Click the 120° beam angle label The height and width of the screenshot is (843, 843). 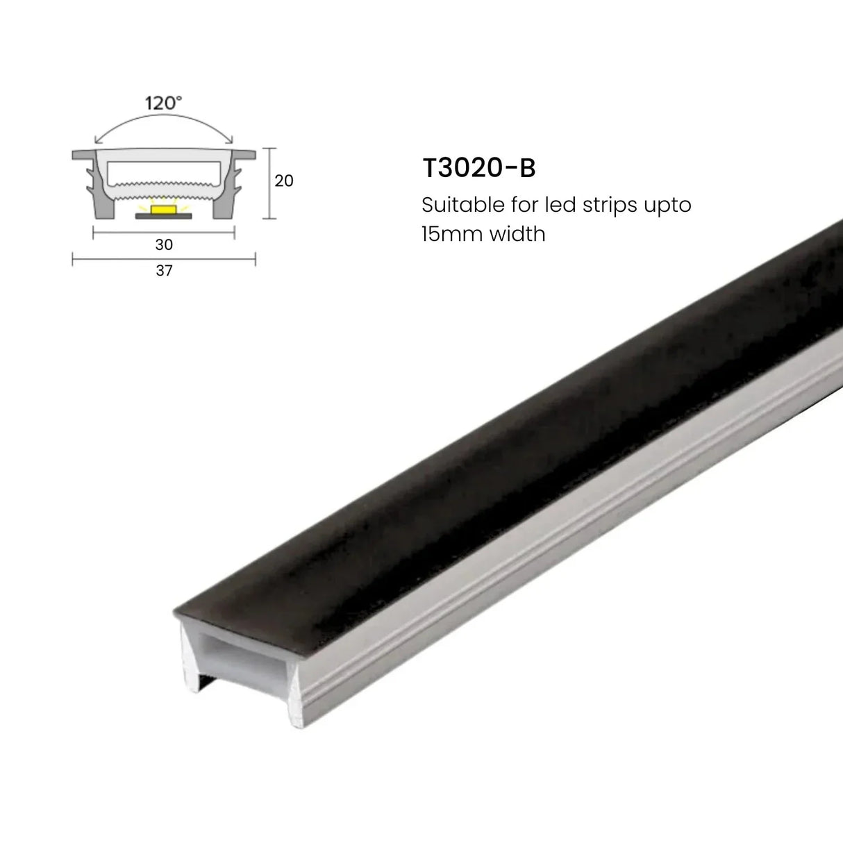point(163,103)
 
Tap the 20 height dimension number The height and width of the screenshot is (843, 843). point(284,181)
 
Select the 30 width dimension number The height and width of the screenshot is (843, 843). point(164,245)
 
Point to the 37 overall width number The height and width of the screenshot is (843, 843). point(164,271)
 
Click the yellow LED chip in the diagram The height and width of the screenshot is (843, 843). point(164,208)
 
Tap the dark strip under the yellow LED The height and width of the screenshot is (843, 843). point(164,215)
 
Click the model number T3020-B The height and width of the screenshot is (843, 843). point(478,169)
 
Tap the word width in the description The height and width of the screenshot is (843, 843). point(517,234)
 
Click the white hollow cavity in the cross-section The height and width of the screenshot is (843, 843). point(164,169)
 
